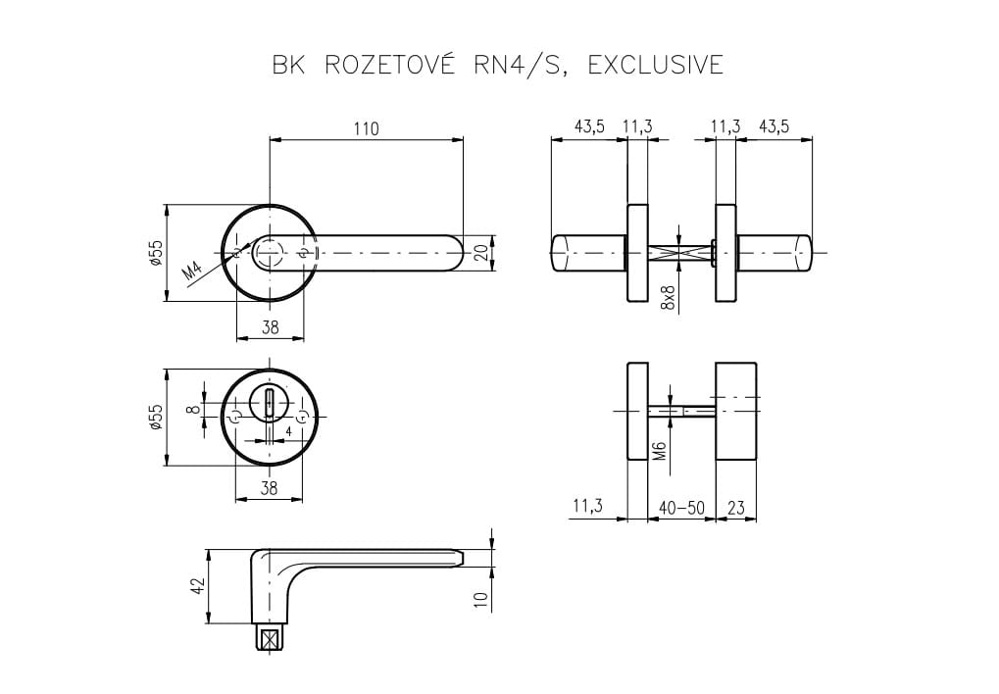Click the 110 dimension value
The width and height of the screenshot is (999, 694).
(x=366, y=128)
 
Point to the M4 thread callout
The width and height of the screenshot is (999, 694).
(x=193, y=269)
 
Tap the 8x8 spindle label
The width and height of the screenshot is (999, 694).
(x=669, y=297)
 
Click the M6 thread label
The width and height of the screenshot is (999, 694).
(x=660, y=450)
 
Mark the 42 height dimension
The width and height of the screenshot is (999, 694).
(x=197, y=586)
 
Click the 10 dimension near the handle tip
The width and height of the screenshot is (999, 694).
(x=480, y=599)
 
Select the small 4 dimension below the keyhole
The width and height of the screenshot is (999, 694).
(x=288, y=430)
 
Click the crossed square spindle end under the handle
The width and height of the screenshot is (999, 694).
(x=268, y=640)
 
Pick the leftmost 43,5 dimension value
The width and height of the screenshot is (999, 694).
(x=589, y=126)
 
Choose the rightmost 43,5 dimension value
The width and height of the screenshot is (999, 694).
(x=773, y=126)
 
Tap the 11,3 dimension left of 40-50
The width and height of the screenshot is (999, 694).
(x=586, y=507)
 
